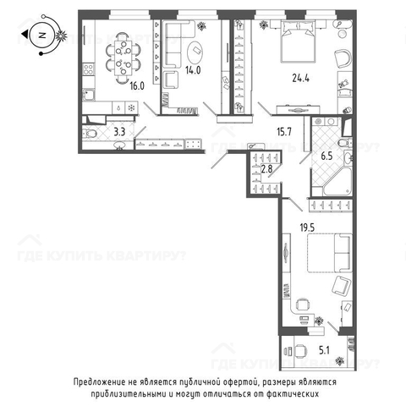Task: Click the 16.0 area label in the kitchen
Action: (x=137, y=85)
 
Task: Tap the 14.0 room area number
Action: (x=193, y=70)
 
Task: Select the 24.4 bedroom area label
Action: (x=301, y=78)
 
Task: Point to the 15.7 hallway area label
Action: (x=284, y=132)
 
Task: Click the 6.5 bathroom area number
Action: (x=326, y=156)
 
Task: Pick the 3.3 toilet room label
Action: (x=119, y=132)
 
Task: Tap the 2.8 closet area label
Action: (x=266, y=169)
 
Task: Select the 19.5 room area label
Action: (x=307, y=228)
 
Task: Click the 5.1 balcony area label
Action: (x=324, y=350)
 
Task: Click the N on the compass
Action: (x=42, y=36)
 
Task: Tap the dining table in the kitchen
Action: (x=123, y=58)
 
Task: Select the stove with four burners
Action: (x=89, y=69)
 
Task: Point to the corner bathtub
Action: (x=338, y=180)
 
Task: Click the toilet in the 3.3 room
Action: (x=90, y=133)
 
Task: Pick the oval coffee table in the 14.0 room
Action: (x=195, y=53)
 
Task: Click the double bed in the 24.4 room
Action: (x=298, y=41)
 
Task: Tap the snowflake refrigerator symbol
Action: (x=131, y=108)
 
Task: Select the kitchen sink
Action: (x=89, y=95)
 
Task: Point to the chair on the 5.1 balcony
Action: (x=299, y=351)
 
